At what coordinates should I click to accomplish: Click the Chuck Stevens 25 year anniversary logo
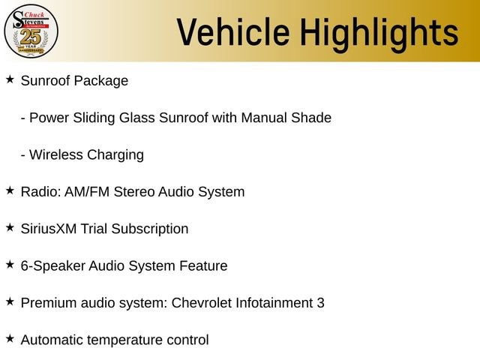(x=31, y=31)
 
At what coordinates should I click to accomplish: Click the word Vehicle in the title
(x=233, y=32)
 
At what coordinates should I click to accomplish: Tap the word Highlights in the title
(x=379, y=34)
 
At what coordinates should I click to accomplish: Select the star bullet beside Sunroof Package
(x=10, y=79)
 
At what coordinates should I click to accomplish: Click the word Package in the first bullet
(x=101, y=82)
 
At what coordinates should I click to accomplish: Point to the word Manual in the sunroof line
(x=264, y=118)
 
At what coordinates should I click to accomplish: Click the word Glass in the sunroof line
(x=136, y=118)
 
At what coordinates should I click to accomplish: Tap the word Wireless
(x=56, y=155)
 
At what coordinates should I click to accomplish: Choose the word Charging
(x=115, y=155)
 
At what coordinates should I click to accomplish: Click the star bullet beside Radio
(x=10, y=190)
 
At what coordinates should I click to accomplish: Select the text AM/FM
(x=87, y=192)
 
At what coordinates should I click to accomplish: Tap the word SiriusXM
(x=49, y=229)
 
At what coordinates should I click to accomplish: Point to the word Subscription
(x=150, y=229)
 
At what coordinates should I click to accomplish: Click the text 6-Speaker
(x=52, y=266)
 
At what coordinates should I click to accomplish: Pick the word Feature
(x=203, y=266)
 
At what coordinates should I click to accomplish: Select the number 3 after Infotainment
(x=320, y=303)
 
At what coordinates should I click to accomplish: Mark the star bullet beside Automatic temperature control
(x=10, y=339)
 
